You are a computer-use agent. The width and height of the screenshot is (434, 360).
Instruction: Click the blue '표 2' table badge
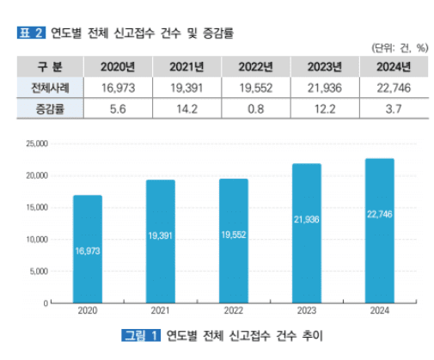point(31,33)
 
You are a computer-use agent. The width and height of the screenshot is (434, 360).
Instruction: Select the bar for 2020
point(88,249)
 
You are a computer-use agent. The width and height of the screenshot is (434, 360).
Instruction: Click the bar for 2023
point(307,233)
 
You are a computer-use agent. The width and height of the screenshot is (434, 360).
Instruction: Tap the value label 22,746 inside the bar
point(379,214)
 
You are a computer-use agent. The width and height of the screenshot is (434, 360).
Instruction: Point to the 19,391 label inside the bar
point(161,235)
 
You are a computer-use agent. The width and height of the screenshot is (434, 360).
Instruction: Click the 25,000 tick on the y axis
point(35,143)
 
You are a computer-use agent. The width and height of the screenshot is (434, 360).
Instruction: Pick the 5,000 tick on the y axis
point(37,272)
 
